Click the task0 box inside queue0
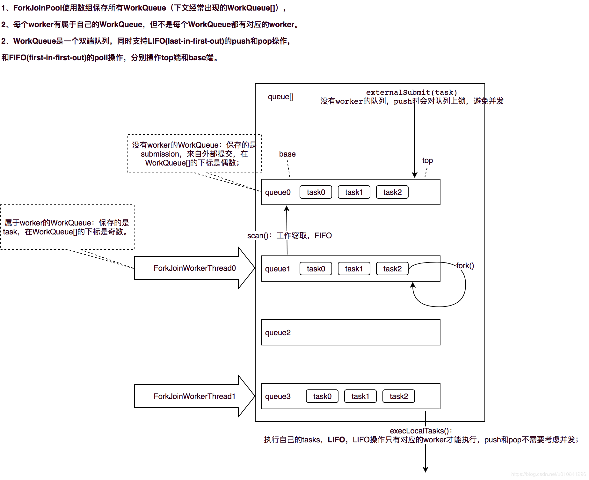[x=316, y=192]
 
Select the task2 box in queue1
[x=392, y=269]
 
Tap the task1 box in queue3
[x=360, y=396]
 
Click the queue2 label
[x=278, y=333]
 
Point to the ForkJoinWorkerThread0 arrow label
[x=194, y=268]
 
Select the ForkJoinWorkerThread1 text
[x=194, y=396]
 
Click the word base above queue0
[x=287, y=154]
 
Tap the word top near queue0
[x=427, y=160]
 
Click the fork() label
[x=465, y=266]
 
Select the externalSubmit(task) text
[x=411, y=92]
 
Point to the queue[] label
[x=280, y=97]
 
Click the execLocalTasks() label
[x=419, y=431]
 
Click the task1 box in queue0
[x=354, y=192]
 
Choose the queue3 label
[x=278, y=396]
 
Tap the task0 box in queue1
[x=316, y=269]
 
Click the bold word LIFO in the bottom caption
[x=336, y=440]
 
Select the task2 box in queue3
[x=398, y=396]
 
